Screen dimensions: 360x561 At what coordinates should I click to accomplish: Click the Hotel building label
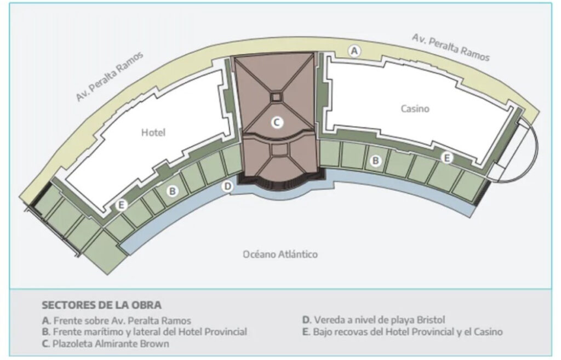tap(153, 133)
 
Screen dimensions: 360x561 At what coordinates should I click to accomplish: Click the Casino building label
tap(415, 108)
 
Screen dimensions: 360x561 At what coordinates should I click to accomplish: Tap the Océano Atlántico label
tap(280, 254)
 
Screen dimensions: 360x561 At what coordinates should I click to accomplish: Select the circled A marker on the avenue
tap(355, 51)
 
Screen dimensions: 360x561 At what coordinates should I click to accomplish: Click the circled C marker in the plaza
tap(277, 123)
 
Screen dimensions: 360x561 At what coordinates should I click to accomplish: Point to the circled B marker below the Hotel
tap(173, 191)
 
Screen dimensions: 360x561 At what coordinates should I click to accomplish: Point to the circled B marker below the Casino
tap(376, 161)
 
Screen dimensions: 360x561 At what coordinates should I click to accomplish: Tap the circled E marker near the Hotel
tap(122, 205)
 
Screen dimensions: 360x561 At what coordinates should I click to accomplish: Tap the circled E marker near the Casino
tap(447, 158)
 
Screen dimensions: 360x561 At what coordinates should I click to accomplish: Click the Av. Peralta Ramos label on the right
tap(450, 47)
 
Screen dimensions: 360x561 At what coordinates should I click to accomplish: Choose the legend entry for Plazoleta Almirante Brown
tap(106, 344)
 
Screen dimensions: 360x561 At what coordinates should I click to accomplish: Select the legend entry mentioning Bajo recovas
tap(402, 332)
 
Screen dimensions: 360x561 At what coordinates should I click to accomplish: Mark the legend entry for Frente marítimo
tap(144, 332)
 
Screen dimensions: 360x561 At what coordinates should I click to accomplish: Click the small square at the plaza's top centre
tap(276, 97)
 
